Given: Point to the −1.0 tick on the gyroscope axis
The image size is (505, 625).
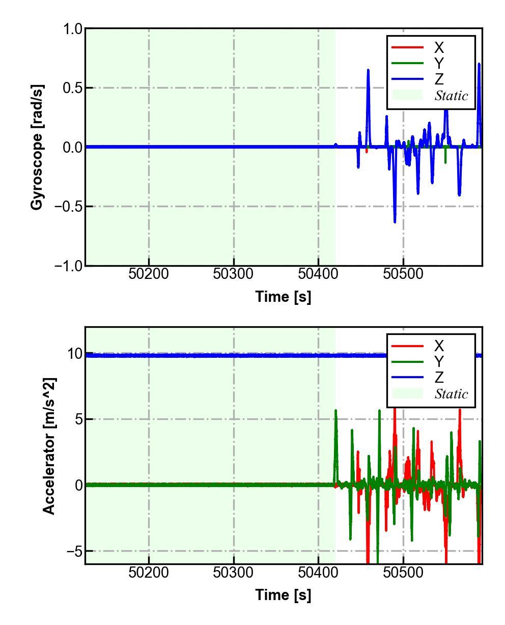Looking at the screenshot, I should click(x=68, y=266).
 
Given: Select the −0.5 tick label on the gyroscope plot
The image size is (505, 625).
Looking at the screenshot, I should click(x=68, y=207).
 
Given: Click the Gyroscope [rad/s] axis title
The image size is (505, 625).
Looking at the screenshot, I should click(x=37, y=147).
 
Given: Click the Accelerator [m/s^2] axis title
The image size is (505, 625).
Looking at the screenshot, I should click(x=49, y=446).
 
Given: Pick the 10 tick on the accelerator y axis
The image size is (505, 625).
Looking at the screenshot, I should click(x=74, y=354).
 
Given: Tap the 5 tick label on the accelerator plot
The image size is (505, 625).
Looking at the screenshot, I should click(x=78, y=419).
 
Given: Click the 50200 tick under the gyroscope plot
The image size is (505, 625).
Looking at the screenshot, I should click(x=149, y=274).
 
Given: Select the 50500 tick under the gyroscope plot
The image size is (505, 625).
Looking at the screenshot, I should click(x=403, y=274).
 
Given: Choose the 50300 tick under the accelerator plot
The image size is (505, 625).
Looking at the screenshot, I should click(x=234, y=572).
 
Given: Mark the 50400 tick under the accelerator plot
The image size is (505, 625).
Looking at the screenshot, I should click(x=318, y=572).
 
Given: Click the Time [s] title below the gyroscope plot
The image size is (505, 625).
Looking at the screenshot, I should click(x=283, y=297).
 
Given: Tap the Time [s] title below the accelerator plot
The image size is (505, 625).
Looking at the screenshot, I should click(x=283, y=594).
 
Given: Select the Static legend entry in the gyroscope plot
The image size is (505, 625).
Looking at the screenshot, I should click(x=451, y=95).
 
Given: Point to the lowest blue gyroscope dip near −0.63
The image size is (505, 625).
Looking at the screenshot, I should click(x=395, y=221).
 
